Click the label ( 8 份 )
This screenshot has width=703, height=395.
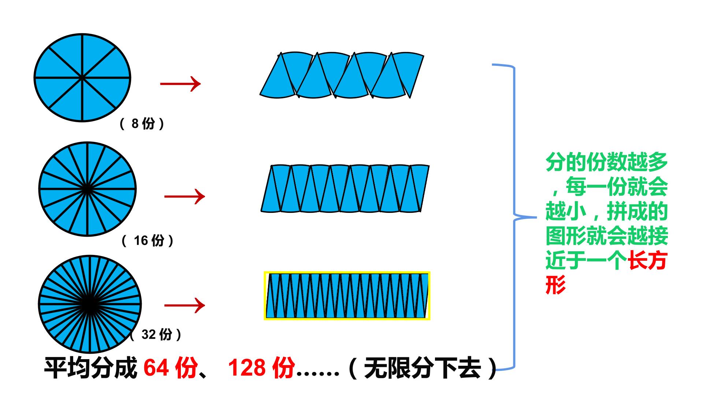click(x=142, y=124)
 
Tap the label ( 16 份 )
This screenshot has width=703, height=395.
click(x=148, y=240)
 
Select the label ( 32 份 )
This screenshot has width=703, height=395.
click(x=156, y=334)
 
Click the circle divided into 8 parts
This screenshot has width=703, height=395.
click(x=82, y=78)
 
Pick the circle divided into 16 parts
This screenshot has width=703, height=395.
click(x=87, y=189)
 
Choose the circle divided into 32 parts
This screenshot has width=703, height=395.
click(x=89, y=304)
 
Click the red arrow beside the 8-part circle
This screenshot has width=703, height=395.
click(x=181, y=84)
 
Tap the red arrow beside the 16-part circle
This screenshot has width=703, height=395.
click(x=185, y=196)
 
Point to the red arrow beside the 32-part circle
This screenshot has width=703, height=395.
click(x=185, y=305)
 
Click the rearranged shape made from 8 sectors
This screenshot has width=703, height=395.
click(x=342, y=75)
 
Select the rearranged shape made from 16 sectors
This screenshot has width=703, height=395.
click(x=345, y=188)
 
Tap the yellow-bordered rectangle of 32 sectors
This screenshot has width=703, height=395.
click(x=347, y=296)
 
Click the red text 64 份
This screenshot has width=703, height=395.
click(x=171, y=368)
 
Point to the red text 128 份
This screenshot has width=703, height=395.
click(x=261, y=368)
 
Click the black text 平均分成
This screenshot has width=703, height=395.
click(x=90, y=368)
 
